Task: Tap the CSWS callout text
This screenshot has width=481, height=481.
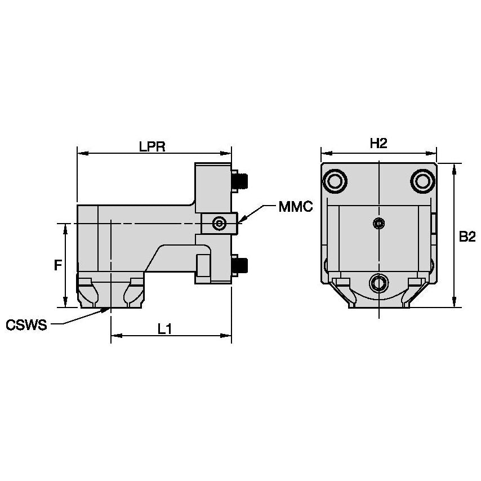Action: pyautogui.click(x=26, y=325)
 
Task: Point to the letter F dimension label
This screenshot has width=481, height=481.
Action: pyautogui.click(x=57, y=265)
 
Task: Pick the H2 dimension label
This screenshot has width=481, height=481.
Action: pyautogui.click(x=378, y=144)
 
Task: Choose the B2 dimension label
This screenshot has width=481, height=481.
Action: pyautogui.click(x=467, y=237)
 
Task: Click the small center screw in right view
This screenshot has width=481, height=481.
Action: pyautogui.click(x=378, y=224)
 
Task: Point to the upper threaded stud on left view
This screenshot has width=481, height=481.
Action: pyautogui.click(x=242, y=180)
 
